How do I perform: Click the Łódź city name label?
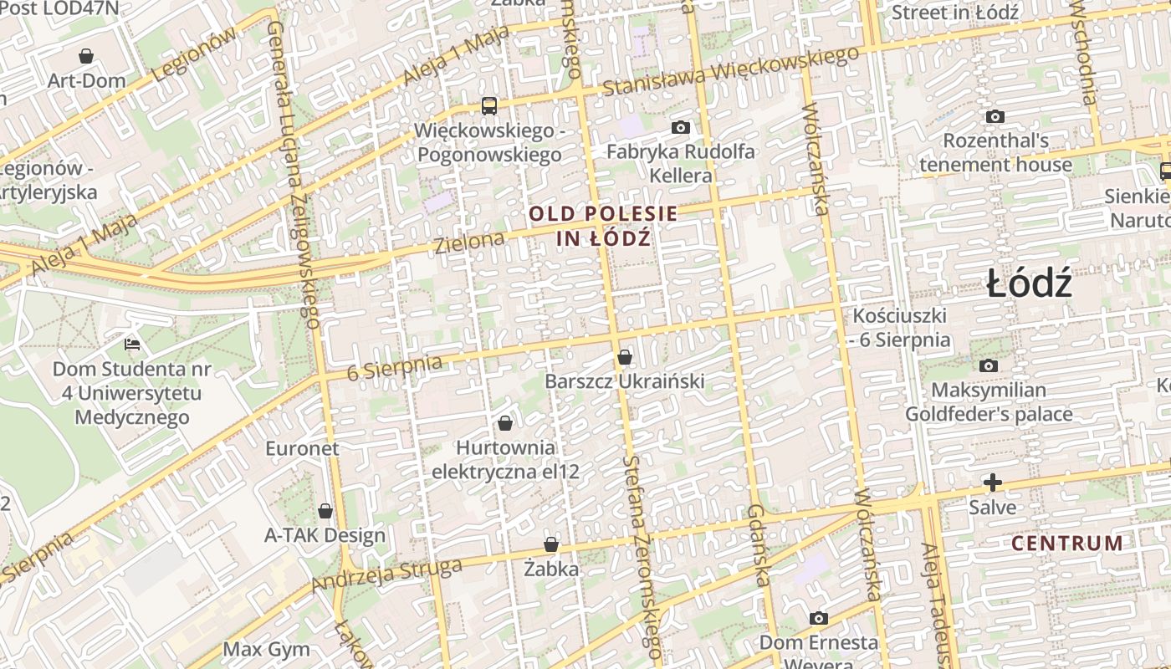click(x=1029, y=284)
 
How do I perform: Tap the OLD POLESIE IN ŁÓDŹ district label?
click(x=603, y=226)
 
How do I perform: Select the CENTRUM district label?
click(x=1067, y=544)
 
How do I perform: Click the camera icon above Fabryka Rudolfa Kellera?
click(x=681, y=128)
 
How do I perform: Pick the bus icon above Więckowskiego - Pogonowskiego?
click(x=489, y=106)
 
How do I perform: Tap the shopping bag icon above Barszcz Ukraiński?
click(x=624, y=358)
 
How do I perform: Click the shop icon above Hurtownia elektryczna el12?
click(x=504, y=423)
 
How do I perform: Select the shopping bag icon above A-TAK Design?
click(x=325, y=511)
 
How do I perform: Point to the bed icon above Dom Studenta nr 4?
click(x=132, y=344)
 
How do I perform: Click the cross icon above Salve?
click(x=993, y=483)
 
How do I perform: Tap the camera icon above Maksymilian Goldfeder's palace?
click(x=989, y=365)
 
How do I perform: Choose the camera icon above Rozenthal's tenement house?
click(x=995, y=116)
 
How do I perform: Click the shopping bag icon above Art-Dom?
click(x=85, y=57)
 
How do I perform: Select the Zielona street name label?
click(x=469, y=243)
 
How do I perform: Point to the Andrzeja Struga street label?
click(x=386, y=576)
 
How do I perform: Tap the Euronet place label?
click(x=303, y=448)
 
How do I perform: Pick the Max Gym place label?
click(x=266, y=649)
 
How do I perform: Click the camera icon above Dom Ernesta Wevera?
click(x=819, y=619)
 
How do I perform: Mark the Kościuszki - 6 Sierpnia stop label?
click(x=900, y=328)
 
